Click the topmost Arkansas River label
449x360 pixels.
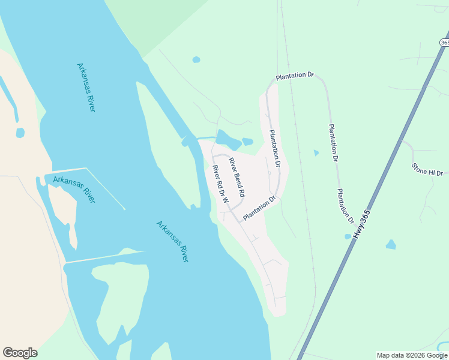point(86,88)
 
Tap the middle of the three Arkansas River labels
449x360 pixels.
point(74,189)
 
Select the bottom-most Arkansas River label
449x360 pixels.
point(173,241)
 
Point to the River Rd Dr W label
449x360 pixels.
point(220,185)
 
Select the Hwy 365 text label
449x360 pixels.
point(361,224)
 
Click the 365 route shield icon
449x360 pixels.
point(444,43)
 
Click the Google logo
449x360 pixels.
point(20,353)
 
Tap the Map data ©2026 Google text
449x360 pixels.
point(412,355)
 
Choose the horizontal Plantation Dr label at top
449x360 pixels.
point(295,76)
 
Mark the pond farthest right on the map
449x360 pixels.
point(391,244)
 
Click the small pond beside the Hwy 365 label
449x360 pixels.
point(348,236)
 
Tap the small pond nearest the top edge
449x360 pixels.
point(196,59)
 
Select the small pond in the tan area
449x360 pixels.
point(20,132)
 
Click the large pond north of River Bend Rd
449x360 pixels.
point(228,140)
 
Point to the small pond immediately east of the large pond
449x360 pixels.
point(247,142)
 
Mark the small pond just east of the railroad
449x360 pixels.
point(316,153)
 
